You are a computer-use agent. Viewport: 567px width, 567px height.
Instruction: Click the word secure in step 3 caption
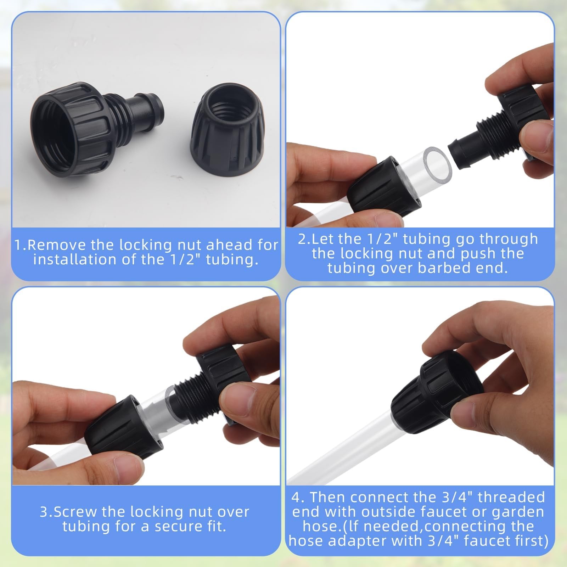[x=172, y=527]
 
